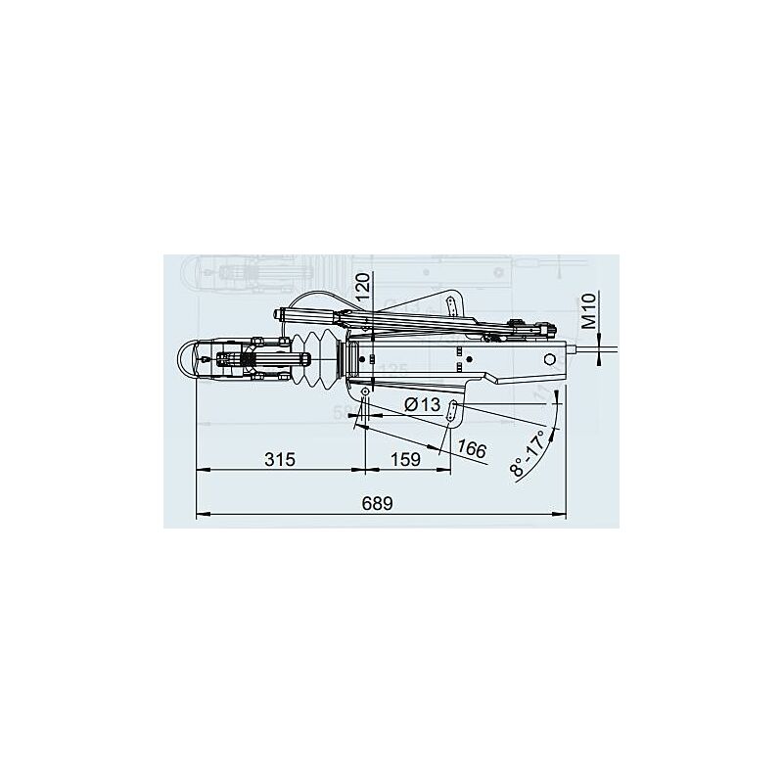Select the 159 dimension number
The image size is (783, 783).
point(405,459)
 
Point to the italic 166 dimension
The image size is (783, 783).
point(472,449)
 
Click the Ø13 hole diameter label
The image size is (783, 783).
point(422,403)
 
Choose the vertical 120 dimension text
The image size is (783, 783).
point(361,291)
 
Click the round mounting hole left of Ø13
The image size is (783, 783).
point(364,392)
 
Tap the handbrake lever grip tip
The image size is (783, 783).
point(283,314)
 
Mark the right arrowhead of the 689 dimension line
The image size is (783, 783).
point(564,513)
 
